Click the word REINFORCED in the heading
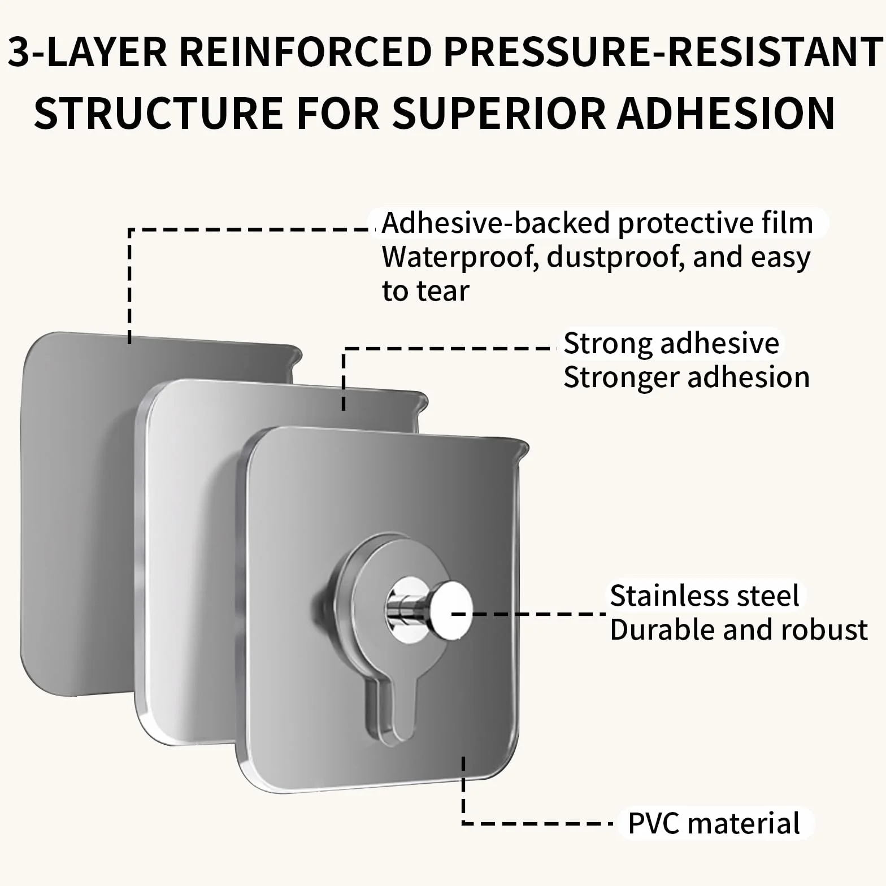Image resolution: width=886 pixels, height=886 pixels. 307,51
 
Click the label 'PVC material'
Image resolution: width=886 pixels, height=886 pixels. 714,823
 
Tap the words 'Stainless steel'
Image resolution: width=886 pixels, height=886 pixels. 705,596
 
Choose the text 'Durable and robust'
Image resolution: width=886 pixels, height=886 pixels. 739,629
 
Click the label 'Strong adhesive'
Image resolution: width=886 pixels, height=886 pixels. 671,343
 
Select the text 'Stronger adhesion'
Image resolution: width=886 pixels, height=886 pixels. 687,377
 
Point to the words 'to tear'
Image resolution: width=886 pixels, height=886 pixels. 425,291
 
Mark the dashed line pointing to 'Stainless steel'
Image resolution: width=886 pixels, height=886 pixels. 529,613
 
